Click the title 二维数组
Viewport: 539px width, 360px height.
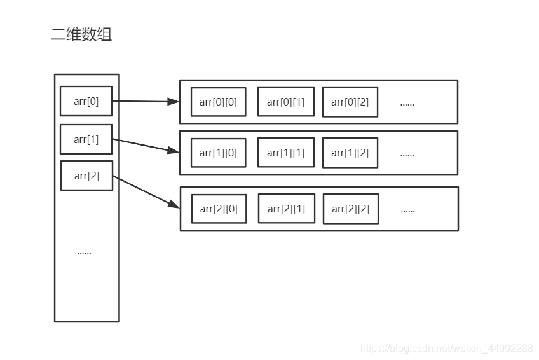tap(81, 34)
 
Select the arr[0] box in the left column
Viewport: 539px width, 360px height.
tap(86, 101)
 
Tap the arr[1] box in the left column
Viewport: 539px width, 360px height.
tap(86, 139)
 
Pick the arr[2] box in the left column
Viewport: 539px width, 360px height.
tap(86, 176)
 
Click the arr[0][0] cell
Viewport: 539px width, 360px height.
tap(218, 102)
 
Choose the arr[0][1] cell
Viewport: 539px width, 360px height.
tap(285, 102)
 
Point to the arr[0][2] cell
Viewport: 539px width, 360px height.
tap(350, 102)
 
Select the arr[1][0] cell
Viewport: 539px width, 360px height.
tap(218, 153)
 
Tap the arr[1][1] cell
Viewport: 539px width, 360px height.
tap(285, 153)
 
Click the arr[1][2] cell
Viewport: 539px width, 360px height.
tap(350, 153)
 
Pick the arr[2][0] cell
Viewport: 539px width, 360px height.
tap(219, 209)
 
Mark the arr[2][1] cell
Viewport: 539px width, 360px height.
tap(286, 209)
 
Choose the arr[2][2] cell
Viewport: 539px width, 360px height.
tap(350, 209)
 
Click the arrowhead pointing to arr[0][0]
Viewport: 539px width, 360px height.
tap(174, 101)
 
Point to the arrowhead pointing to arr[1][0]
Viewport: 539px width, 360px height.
tap(174, 151)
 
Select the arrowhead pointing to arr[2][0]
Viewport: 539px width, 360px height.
tap(174, 204)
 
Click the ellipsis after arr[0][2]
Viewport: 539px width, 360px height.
tap(407, 103)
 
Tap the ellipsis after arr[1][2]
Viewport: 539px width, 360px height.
tap(407, 154)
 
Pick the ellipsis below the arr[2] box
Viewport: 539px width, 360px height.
tap(84, 253)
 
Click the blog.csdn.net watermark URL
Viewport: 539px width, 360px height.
tap(446, 348)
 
